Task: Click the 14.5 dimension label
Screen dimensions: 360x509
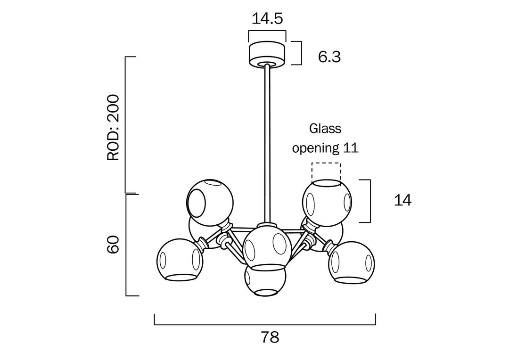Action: (x=267, y=19)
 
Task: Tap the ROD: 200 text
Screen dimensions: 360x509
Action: (x=114, y=127)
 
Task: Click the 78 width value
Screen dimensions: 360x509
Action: (x=270, y=337)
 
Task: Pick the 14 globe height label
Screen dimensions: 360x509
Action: (x=402, y=200)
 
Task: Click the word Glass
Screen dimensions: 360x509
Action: (x=325, y=128)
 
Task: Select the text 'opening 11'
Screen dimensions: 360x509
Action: (x=325, y=148)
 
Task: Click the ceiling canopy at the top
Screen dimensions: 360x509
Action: (x=267, y=53)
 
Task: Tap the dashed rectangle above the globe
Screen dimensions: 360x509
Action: (x=325, y=171)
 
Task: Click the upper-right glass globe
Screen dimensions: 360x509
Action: (x=326, y=201)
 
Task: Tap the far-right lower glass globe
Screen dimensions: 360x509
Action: (x=351, y=263)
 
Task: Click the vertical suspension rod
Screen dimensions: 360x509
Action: (x=267, y=141)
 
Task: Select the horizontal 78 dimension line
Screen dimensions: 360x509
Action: (x=265, y=325)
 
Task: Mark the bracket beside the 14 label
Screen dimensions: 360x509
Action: (x=370, y=201)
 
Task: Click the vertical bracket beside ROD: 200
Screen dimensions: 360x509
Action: (x=126, y=125)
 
